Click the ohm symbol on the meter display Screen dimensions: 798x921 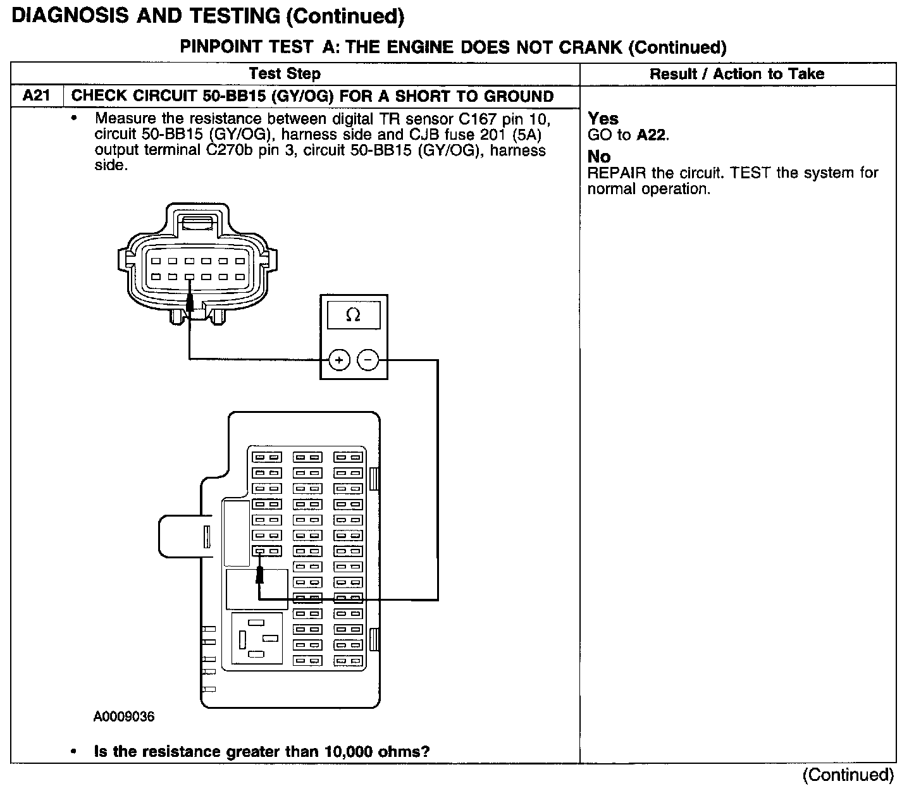[353, 315]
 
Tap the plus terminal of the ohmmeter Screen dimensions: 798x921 [339, 360]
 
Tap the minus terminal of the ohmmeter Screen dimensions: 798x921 [368, 360]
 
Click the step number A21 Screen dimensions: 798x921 [37, 96]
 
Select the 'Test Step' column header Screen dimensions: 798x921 [285, 74]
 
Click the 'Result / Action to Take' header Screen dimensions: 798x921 [737, 74]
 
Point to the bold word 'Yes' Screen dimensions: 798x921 [603, 119]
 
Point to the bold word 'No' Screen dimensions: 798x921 [599, 157]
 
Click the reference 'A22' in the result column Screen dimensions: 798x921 [652, 135]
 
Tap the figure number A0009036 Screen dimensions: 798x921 [124, 716]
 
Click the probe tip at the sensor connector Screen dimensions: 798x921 [189, 305]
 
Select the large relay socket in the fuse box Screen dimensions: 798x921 [257, 639]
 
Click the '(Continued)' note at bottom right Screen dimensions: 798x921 [848, 775]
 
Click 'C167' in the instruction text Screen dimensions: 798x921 [478, 119]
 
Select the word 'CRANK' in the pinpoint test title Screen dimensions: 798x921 [588, 47]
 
